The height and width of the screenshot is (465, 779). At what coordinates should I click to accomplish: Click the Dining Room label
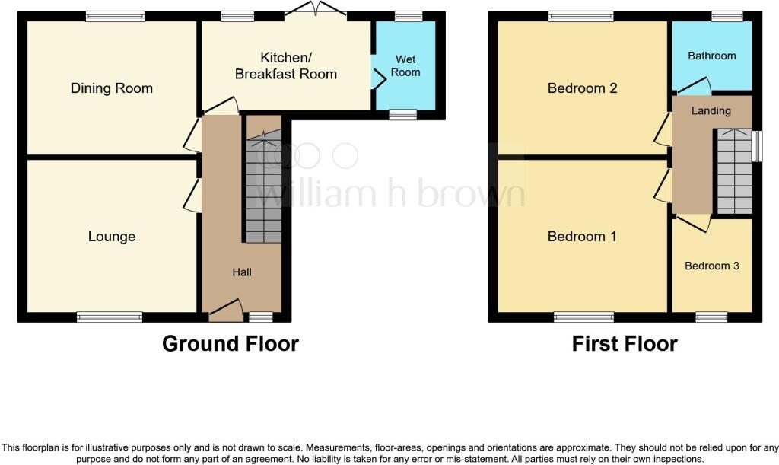point(112,88)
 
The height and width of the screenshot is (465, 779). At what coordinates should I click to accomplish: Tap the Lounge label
point(112,237)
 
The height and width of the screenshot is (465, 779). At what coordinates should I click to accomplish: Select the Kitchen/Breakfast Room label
point(286,66)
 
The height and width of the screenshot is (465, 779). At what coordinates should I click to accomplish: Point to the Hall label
point(242,272)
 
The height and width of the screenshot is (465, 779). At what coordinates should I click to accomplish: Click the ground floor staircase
point(262,190)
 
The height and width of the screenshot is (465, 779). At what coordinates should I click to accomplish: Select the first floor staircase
point(733,171)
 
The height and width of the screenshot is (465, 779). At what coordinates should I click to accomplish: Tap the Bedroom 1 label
point(582,237)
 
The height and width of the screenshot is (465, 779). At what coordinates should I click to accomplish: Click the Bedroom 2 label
point(582,88)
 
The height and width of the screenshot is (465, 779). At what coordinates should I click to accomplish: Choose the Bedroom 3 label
point(712,266)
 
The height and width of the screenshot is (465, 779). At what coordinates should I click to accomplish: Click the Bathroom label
point(712,56)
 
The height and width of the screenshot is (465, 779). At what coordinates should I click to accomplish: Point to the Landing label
point(711,110)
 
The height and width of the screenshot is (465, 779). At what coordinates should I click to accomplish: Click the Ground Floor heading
point(231,344)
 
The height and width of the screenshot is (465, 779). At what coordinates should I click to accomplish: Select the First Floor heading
point(625,344)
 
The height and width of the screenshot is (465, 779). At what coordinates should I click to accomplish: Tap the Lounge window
point(110,317)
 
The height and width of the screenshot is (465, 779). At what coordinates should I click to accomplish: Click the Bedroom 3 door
point(692,221)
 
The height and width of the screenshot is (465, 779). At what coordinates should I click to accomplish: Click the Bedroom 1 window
point(583,317)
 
